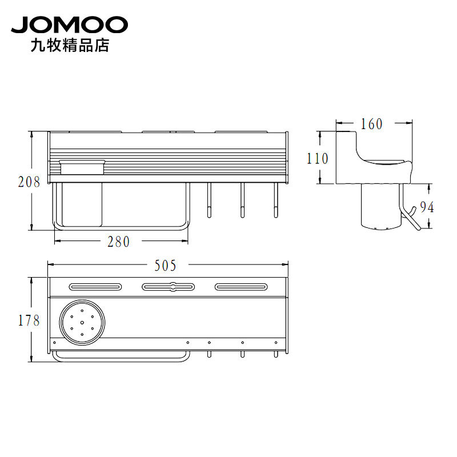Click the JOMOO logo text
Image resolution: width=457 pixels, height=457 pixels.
pyautogui.click(x=69, y=25)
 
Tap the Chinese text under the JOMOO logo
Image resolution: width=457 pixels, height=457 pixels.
pyautogui.click(x=70, y=46)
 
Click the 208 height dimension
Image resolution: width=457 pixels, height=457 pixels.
pyautogui.click(x=29, y=182)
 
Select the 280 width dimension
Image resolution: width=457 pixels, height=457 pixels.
pyautogui.click(x=118, y=242)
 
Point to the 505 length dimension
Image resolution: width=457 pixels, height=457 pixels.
pyautogui.click(x=165, y=266)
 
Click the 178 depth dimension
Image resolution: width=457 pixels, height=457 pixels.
pyautogui.click(x=29, y=320)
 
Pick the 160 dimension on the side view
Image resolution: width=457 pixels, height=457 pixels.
pyautogui.click(x=372, y=124)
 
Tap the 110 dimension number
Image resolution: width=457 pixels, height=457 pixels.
pyautogui.click(x=318, y=159)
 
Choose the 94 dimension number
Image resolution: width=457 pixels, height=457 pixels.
pyautogui.click(x=427, y=207)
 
